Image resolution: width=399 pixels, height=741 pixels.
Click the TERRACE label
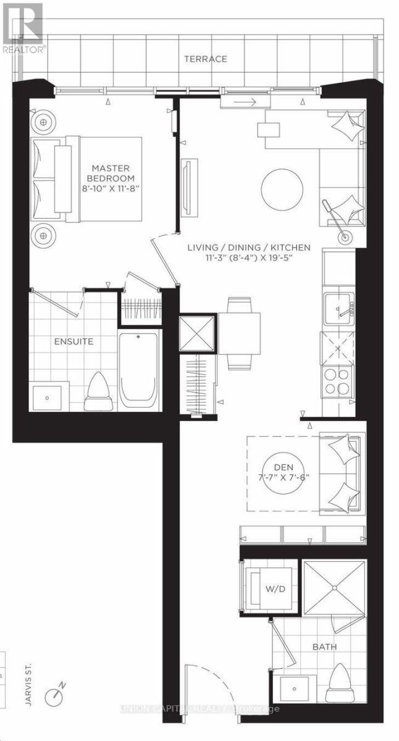[x=205, y=59]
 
